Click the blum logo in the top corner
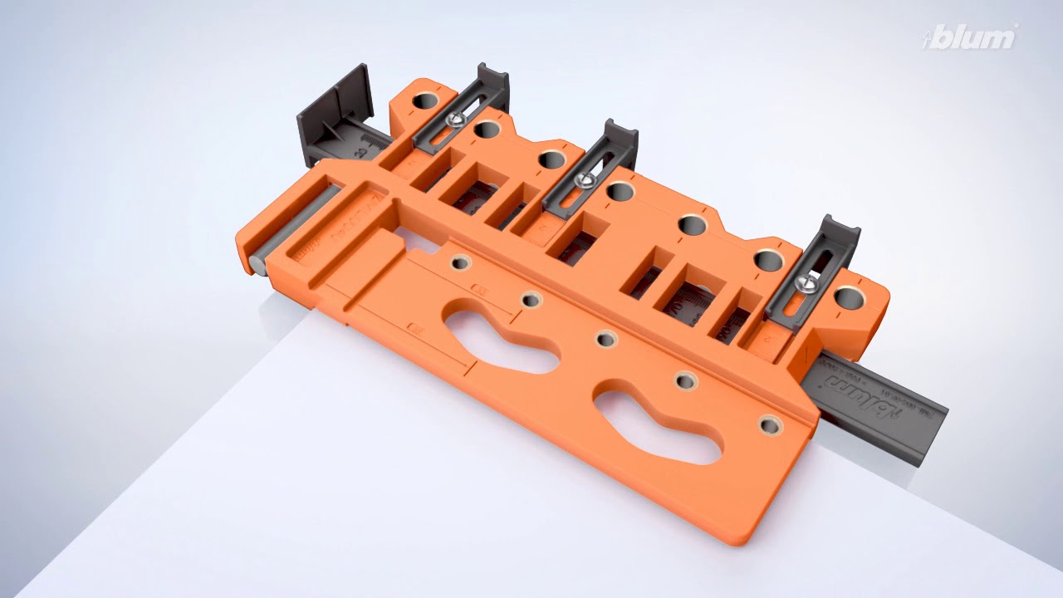coord(972,37)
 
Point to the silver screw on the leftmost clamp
coord(453,120)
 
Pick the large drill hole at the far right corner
coord(847,296)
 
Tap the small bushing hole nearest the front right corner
coord(770,425)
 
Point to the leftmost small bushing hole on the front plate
coord(459,263)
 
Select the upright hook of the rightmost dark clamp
coord(831,233)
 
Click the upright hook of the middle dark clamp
coord(619,137)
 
